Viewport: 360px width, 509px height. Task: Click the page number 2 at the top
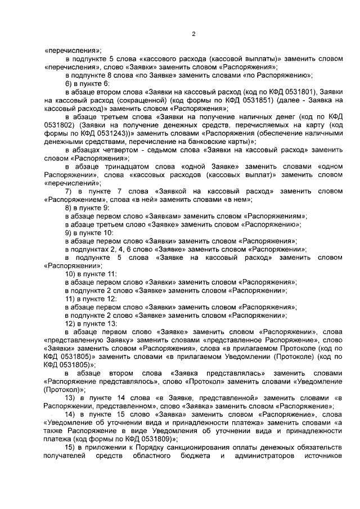[193, 34]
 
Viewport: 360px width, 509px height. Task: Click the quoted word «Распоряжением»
[72, 200]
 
